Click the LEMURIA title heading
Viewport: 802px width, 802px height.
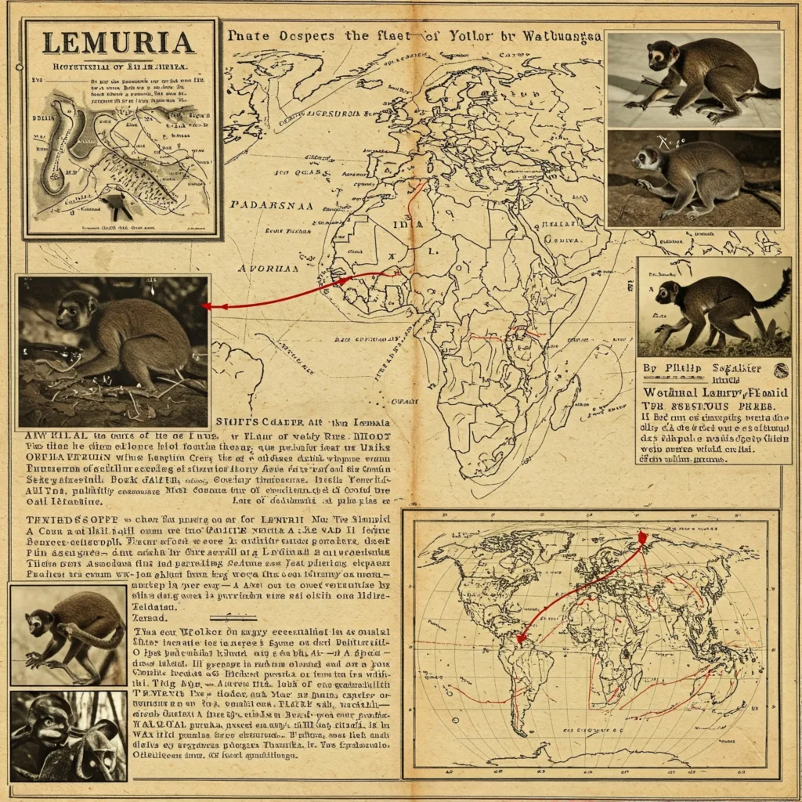(x=118, y=43)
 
